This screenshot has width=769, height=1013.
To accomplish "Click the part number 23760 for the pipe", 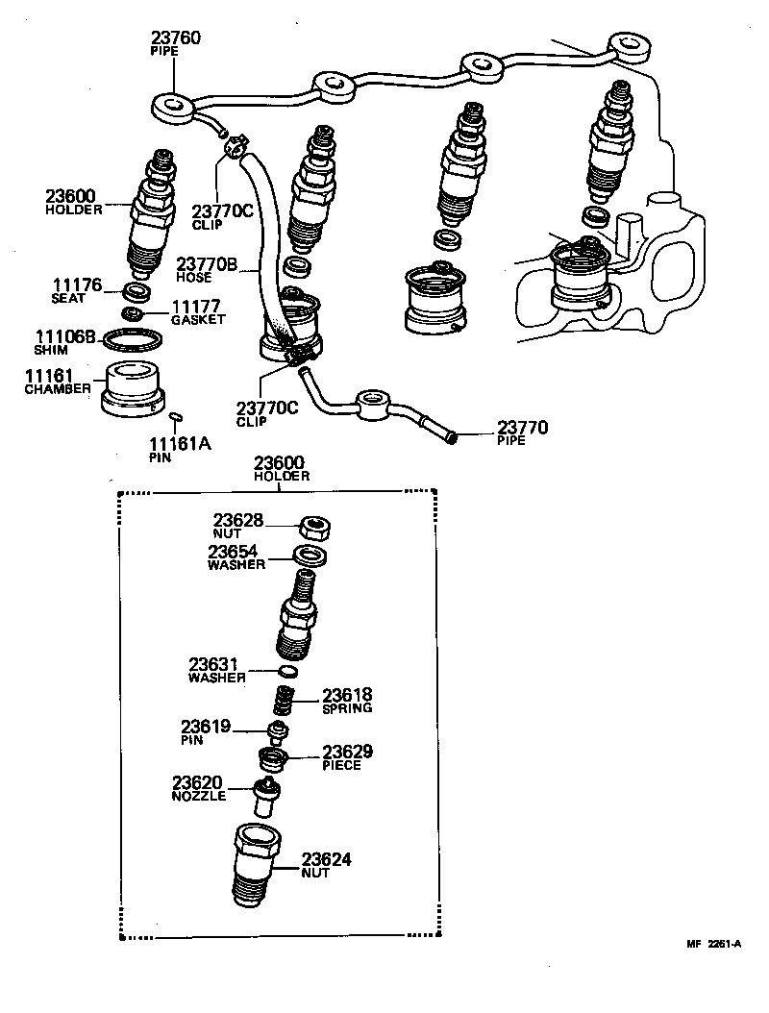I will (176, 39).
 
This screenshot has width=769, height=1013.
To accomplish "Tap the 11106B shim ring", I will (132, 341).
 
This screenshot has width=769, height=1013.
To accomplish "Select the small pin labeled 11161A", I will (175, 416).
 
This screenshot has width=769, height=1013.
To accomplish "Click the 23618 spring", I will (284, 701).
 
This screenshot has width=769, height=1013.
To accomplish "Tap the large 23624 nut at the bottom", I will (256, 864).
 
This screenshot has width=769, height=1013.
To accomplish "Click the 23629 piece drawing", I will (273, 758).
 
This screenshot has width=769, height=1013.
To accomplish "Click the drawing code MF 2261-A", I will (712, 943).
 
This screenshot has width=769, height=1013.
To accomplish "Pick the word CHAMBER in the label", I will (58, 389).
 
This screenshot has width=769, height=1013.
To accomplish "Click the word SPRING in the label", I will (347, 707).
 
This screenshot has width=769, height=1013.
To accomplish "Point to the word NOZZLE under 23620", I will (199, 796).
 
